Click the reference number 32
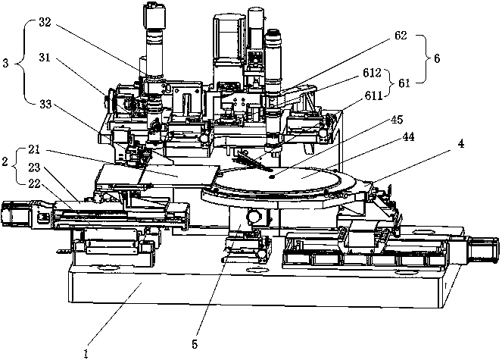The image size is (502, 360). tap(45, 23)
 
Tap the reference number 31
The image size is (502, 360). tap(45, 58)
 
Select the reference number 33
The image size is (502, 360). tap(45, 104)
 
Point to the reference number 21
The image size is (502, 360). tap(34, 149)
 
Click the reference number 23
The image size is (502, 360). tap(34, 167)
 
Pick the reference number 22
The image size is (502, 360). tap(34, 183)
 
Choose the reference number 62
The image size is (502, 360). tap(401, 35)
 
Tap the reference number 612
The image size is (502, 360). tap(372, 73)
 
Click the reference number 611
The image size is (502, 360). tap(373, 95)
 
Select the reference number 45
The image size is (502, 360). tap(397, 120)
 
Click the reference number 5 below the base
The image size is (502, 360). tap(195, 345)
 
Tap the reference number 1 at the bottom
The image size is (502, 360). tap(86, 354)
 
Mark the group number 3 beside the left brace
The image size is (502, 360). tap(5, 63)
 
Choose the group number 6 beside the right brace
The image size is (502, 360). tap(437, 58)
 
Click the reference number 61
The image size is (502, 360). tap(404, 83)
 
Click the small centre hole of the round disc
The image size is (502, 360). tap(272, 176)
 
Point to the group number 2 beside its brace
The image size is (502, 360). tap(5, 161)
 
